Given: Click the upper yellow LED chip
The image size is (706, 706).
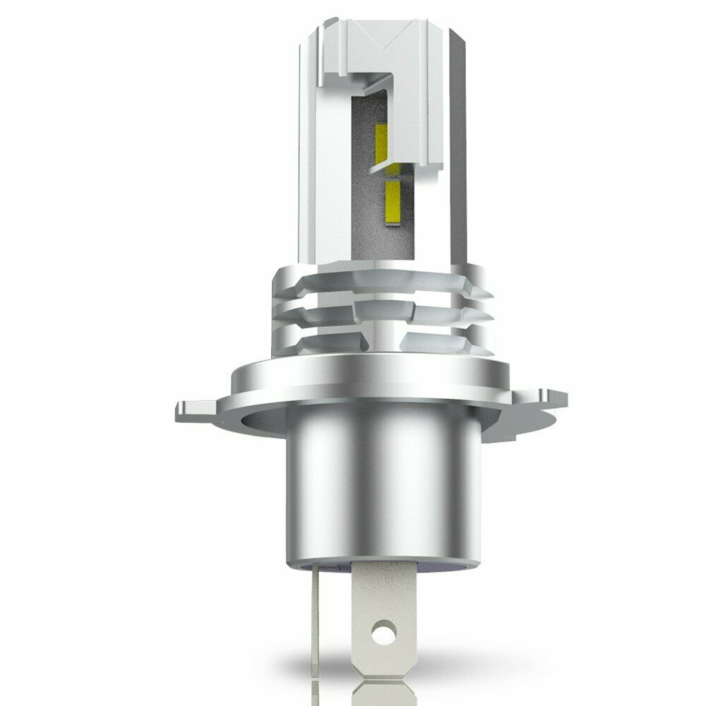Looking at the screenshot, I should [381, 140].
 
